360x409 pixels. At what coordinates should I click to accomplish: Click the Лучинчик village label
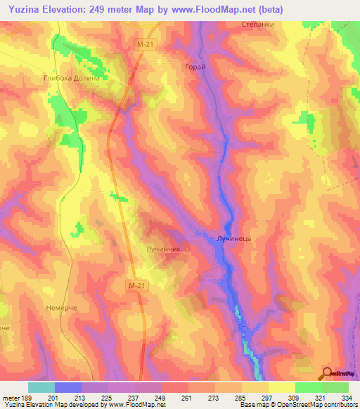click(x=164, y=249)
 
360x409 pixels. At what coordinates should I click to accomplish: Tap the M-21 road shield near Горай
click(x=145, y=44)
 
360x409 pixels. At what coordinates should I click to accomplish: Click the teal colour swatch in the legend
click(x=41, y=387)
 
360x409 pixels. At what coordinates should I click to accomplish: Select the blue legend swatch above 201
click(x=68, y=387)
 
